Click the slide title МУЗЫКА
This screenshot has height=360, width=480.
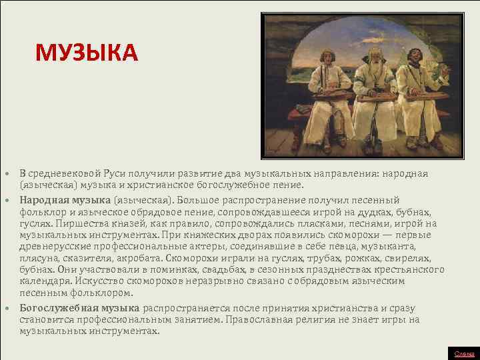click(x=86, y=53)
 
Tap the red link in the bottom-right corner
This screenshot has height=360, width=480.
click(x=465, y=354)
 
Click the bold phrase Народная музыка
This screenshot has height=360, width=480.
click(x=65, y=199)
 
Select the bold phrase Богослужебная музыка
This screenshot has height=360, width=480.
click(x=79, y=308)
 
